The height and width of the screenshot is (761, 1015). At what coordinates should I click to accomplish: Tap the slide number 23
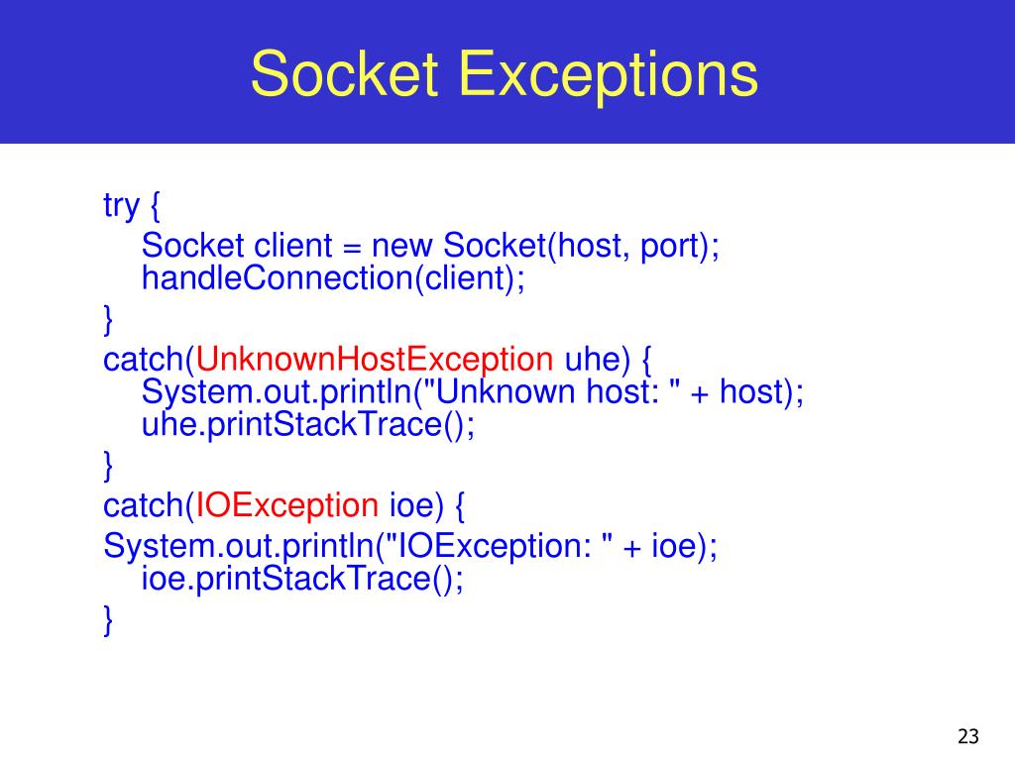click(x=968, y=736)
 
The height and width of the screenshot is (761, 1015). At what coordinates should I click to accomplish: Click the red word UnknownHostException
click(x=375, y=359)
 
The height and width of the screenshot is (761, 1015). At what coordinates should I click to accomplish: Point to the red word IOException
click(x=287, y=505)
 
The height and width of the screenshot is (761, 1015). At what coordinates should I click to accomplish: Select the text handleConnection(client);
click(x=332, y=278)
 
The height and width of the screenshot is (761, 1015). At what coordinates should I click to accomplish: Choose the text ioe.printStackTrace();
click(x=302, y=578)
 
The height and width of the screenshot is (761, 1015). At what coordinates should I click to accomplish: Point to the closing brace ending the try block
click(x=108, y=318)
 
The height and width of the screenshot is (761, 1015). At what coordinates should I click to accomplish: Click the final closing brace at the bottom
click(x=108, y=621)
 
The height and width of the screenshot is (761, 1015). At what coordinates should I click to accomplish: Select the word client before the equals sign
click(x=296, y=245)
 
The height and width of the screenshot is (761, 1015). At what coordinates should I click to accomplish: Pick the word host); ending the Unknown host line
click(x=761, y=392)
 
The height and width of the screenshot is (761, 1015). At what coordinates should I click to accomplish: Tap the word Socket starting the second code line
click(x=193, y=245)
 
